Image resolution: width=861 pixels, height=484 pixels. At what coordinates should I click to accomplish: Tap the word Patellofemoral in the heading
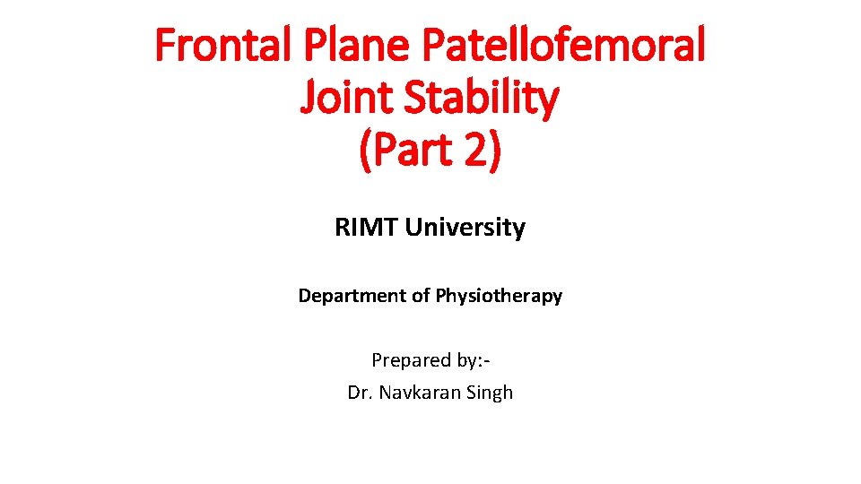(x=556, y=45)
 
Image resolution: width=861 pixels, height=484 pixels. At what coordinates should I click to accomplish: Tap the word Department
(x=353, y=296)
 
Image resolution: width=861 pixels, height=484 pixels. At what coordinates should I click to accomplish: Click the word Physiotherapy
(x=500, y=296)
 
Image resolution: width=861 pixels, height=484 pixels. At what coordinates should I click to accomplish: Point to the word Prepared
(x=410, y=360)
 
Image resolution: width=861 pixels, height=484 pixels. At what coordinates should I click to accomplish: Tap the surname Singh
(x=487, y=393)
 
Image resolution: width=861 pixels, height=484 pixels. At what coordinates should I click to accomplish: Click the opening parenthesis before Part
(x=365, y=150)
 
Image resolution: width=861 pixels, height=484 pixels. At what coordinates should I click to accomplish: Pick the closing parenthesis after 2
(x=495, y=150)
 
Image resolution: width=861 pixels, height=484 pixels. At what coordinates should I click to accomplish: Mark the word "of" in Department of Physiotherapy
(x=422, y=296)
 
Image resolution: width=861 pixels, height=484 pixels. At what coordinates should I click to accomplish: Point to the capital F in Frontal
(x=164, y=45)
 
